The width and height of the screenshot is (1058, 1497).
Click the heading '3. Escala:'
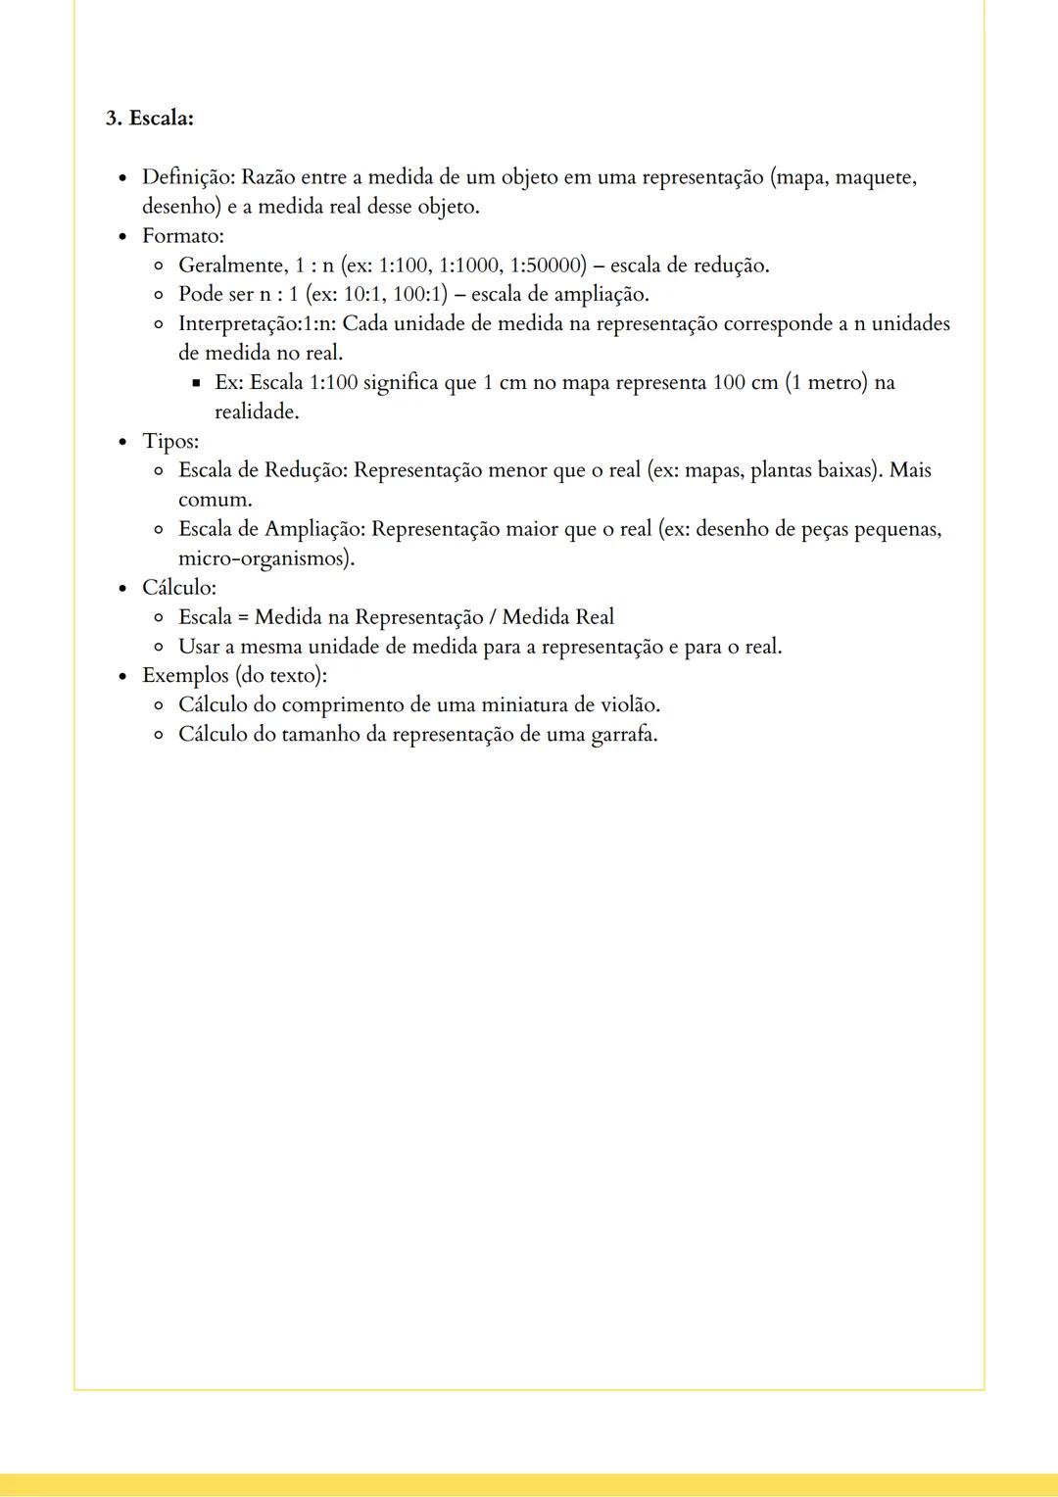149,119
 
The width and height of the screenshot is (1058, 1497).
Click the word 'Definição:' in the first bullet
188,177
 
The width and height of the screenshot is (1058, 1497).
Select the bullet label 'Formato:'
182,236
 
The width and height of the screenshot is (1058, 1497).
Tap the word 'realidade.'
257,411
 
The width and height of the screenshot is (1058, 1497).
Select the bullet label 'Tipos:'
169,441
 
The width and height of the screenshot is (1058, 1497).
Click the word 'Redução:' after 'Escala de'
306,470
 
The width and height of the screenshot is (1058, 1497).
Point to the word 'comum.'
215,500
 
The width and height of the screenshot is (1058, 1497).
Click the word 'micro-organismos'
264,558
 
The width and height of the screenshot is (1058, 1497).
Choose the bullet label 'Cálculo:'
178,588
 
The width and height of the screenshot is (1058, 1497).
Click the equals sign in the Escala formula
243,617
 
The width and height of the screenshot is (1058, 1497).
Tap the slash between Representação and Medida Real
492,617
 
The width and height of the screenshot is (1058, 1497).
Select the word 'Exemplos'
185,676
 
